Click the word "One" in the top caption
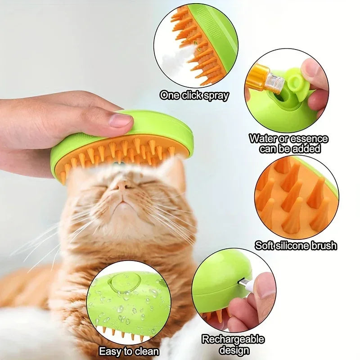point(170,95)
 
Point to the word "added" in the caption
point(311,148)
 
